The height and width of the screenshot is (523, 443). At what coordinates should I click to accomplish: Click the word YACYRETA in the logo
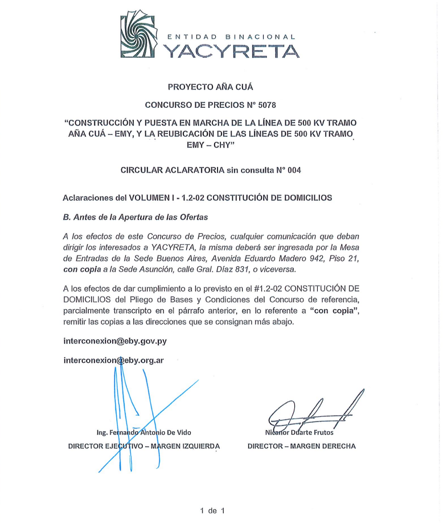[231, 51]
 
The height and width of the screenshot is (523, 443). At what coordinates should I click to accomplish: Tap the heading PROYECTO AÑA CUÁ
[210, 87]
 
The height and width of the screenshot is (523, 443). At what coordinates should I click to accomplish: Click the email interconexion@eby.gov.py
[115, 341]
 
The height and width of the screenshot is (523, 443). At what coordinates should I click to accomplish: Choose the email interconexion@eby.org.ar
[114, 360]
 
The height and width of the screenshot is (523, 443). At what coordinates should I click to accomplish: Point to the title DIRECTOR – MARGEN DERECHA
[301, 446]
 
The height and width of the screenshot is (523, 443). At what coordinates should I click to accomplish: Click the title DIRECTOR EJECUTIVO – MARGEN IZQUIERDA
[143, 446]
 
